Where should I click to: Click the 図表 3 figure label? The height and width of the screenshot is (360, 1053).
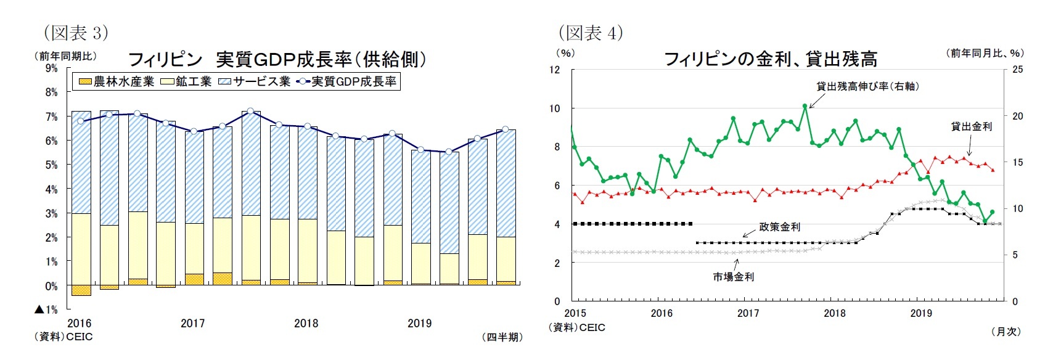click(75, 33)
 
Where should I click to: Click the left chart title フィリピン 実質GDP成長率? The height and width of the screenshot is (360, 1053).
click(276, 60)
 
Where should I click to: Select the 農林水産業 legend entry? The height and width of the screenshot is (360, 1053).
click(117, 81)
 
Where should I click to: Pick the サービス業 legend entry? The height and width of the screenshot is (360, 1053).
click(255, 81)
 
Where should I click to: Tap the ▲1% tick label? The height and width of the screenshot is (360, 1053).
click(46, 309)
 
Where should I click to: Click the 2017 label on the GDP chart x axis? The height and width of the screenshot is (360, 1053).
click(192, 323)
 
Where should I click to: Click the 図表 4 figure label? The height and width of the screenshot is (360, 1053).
click(591, 33)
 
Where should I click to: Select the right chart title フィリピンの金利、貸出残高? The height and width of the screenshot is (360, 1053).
click(770, 60)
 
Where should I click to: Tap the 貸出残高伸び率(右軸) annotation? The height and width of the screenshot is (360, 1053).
click(867, 87)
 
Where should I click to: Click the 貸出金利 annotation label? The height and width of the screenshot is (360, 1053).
click(971, 126)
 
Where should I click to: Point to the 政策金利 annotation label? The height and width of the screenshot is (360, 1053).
click(779, 227)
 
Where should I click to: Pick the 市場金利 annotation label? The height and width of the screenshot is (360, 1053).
click(733, 277)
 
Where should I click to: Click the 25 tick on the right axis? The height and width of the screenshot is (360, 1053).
click(1017, 70)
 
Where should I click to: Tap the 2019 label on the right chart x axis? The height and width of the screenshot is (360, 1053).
click(921, 313)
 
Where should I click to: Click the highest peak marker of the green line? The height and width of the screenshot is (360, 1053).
click(805, 106)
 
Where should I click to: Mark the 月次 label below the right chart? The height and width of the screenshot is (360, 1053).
click(1006, 332)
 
